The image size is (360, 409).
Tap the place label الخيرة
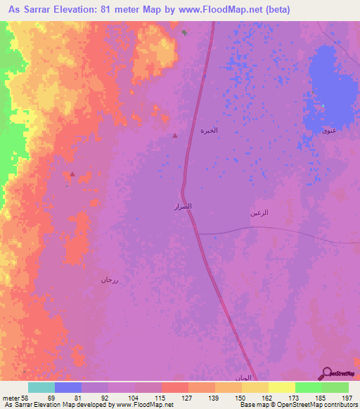(x=210, y=131)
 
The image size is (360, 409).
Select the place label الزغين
(x=260, y=212)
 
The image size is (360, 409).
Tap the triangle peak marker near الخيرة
(x=175, y=135)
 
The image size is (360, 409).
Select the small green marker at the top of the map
(x=184, y=32)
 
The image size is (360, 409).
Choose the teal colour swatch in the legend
(x=41, y=387)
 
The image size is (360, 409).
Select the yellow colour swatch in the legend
(x=282, y=387)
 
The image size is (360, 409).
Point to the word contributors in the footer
(x=340, y=405)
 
